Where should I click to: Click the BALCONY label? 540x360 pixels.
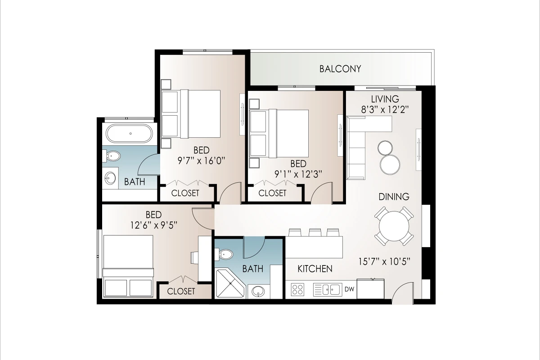click(340, 69)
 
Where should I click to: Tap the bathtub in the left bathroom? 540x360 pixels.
click(130, 133)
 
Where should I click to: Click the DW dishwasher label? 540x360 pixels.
click(349, 289)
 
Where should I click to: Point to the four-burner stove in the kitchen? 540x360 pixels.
click(297, 289)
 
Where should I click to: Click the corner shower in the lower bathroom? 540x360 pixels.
click(230, 284)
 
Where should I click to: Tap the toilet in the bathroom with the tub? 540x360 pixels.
click(112, 156)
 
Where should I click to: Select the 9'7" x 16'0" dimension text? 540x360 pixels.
click(201, 161)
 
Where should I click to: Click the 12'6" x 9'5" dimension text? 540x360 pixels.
click(154, 225)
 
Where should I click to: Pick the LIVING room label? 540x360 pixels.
click(385, 99)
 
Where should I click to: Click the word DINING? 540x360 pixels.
click(394, 197)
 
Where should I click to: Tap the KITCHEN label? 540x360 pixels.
click(315, 269)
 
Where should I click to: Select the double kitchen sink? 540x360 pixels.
click(328, 289)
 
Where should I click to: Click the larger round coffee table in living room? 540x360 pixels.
click(390, 165)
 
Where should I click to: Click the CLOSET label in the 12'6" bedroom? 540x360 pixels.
click(181, 291)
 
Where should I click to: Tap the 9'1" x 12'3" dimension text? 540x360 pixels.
click(298, 174)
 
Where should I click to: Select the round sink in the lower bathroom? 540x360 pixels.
click(258, 292)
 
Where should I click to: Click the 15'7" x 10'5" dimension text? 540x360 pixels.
click(384, 261)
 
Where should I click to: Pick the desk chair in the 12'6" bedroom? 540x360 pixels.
click(194, 258)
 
